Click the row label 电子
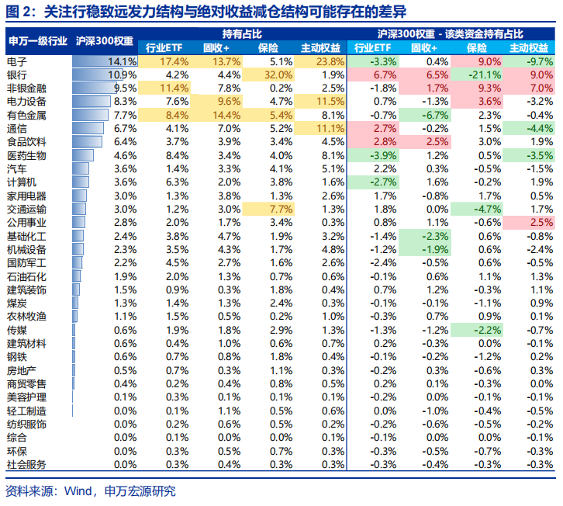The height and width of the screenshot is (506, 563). click(x=17, y=61)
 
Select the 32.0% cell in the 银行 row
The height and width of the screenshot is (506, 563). click(x=275, y=75)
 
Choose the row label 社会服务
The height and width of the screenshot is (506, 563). click(x=27, y=465)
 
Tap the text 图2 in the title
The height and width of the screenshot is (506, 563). click(x=17, y=12)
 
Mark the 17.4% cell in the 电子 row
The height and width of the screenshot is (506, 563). click(x=174, y=61)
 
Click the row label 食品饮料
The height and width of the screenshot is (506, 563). click(x=27, y=143)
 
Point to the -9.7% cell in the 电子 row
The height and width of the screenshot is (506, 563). click(x=536, y=61)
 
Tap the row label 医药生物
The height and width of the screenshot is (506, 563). click(x=27, y=156)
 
